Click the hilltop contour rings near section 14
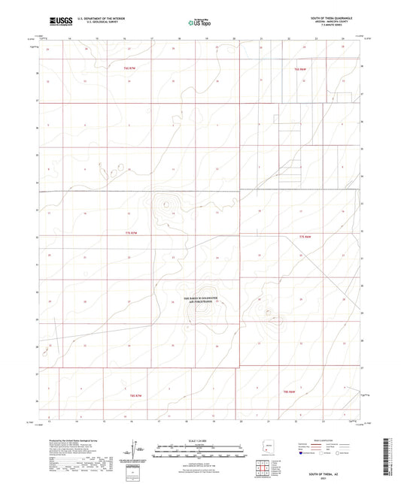click(165, 204)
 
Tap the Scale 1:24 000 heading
click(200, 440)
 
